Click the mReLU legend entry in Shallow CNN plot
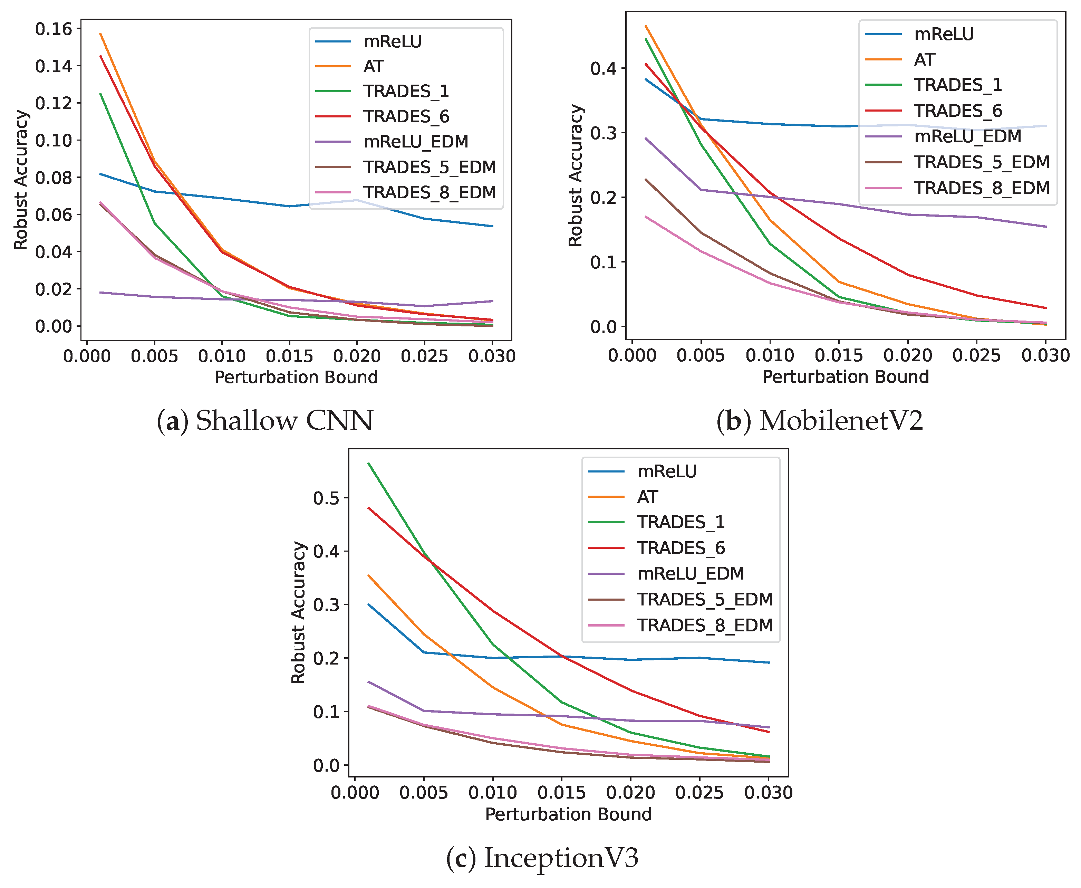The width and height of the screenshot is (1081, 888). pos(392,41)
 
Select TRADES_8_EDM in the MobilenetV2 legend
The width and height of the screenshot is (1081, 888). pos(981,188)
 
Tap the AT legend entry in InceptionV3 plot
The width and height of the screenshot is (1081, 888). pos(647,497)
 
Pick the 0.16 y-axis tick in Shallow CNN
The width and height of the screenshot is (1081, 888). pos(54,29)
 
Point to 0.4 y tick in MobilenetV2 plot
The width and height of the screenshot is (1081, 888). pos(604,68)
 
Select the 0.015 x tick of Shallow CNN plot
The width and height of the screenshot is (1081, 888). pos(289,356)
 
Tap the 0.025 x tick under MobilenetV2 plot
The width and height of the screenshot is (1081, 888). pos(976,355)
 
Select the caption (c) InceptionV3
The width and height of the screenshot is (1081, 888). pos(542,858)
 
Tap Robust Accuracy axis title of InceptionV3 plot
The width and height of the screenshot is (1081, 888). pos(298,613)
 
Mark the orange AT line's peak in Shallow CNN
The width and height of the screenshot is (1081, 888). pos(101,34)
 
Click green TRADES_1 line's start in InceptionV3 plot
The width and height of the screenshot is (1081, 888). pos(369,464)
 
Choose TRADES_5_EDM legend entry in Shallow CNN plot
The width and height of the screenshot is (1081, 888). pos(429,167)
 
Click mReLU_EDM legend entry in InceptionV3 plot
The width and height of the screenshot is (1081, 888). pos(690,573)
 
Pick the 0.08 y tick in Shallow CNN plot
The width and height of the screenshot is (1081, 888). pos(54,178)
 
